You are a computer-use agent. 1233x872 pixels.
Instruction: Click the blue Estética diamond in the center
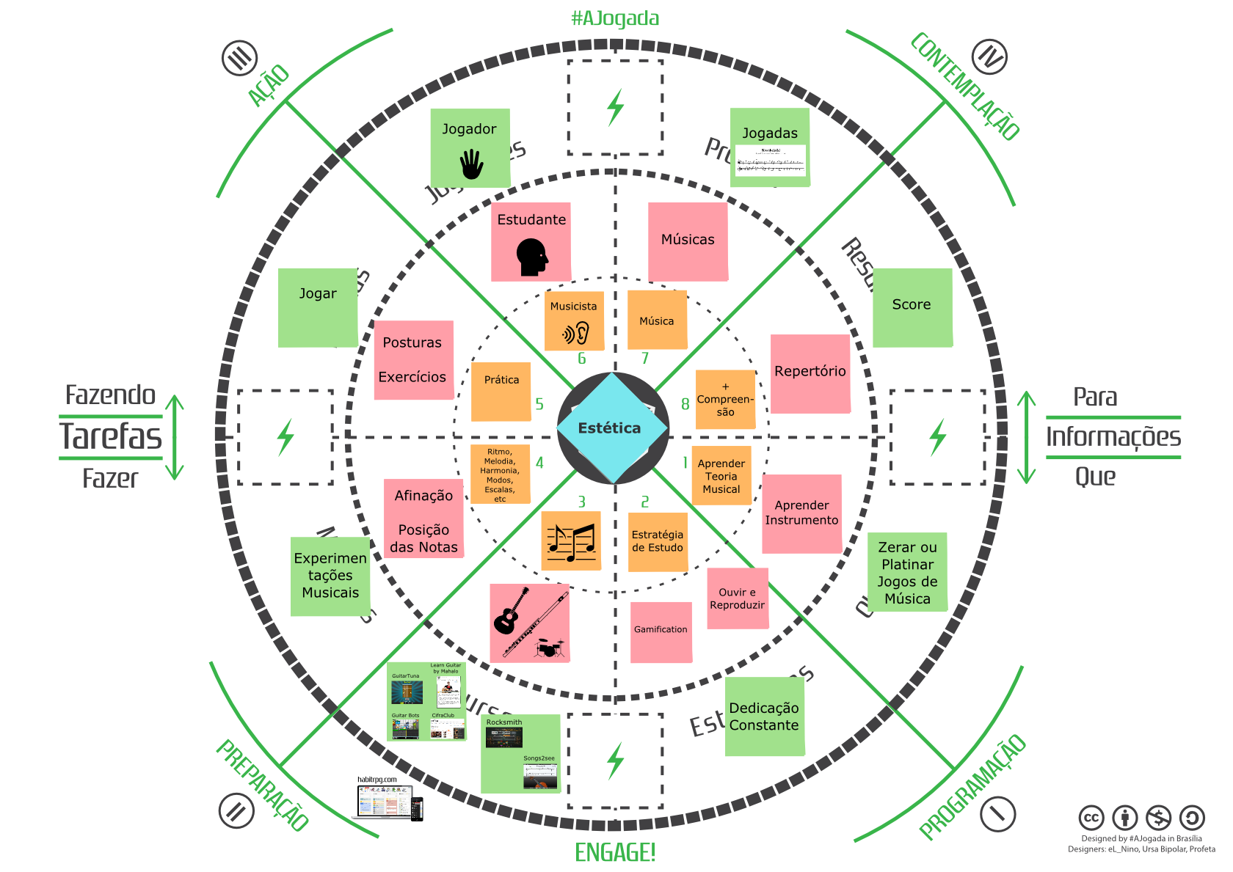pyautogui.click(x=612, y=428)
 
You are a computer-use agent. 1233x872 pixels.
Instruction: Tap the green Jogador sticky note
pyautogui.click(x=470, y=147)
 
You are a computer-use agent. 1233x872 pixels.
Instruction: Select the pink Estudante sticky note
pyautogui.click(x=531, y=241)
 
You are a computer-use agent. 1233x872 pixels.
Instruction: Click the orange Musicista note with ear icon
pyautogui.click(x=574, y=321)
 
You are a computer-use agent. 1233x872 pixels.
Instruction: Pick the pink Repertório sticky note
pyautogui.click(x=810, y=373)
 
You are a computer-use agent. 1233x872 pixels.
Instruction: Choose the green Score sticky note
pyautogui.click(x=912, y=307)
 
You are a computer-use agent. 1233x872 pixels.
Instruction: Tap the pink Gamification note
pyautogui.click(x=661, y=631)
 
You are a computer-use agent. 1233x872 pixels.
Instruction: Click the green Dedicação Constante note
pyautogui.click(x=764, y=716)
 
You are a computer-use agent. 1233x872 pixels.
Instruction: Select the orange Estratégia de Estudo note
pyautogui.click(x=658, y=541)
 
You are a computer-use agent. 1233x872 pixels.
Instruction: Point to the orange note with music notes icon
pyautogui.click(x=571, y=541)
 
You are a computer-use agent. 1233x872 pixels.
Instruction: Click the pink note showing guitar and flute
pyautogui.click(x=529, y=623)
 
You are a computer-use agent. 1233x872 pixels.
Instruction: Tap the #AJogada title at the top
pyautogui.click(x=615, y=18)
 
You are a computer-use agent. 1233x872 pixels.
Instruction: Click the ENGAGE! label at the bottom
pyautogui.click(x=615, y=852)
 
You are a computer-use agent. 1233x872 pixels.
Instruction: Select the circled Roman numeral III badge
pyautogui.click(x=239, y=57)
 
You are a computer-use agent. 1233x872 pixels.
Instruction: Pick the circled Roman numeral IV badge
pyautogui.click(x=989, y=57)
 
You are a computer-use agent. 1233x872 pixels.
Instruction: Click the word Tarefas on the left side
pyautogui.click(x=111, y=436)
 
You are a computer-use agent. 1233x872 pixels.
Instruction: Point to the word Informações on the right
pyautogui.click(x=1113, y=437)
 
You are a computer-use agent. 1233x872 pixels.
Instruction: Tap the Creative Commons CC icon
pyautogui.click(x=1091, y=818)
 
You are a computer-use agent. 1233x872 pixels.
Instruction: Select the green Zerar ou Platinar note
pyautogui.click(x=907, y=572)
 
